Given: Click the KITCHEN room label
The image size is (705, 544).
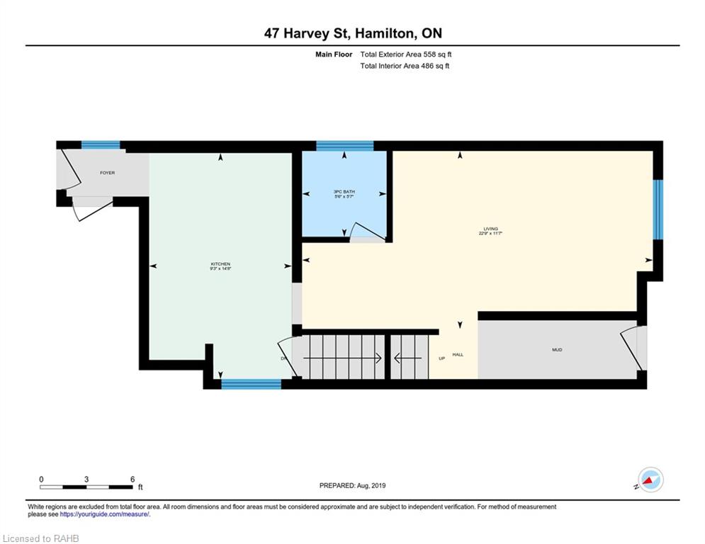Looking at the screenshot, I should point(220,264).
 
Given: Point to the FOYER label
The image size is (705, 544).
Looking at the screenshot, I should point(107,173).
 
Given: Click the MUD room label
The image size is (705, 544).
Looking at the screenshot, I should point(557,350).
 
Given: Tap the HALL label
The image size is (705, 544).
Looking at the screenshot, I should point(458,354).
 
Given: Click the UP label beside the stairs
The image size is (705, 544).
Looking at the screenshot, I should point(442,358).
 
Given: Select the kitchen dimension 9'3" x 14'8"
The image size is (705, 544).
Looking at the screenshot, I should point(220,269).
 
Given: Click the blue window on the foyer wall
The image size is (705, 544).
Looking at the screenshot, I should point(100,145).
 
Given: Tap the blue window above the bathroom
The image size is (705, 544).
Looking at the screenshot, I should point(344,146).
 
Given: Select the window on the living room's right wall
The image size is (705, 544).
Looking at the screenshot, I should point(658,209).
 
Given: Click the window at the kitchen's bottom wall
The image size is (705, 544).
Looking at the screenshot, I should point(251,385).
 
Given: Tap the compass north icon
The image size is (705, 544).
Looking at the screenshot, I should point(650,480).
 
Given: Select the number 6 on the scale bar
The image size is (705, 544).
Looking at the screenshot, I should point(132,480).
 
